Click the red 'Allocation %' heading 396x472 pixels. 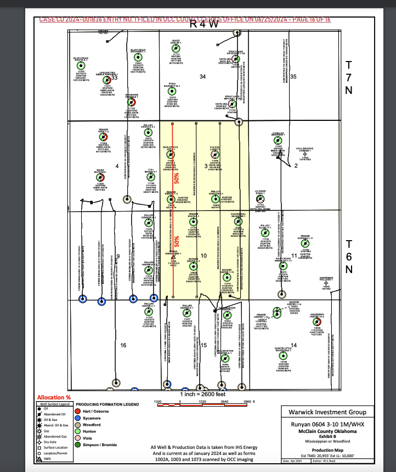54,397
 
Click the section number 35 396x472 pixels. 293,76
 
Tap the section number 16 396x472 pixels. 123,345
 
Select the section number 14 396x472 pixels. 294,345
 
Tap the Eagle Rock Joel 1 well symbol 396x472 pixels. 171,154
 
